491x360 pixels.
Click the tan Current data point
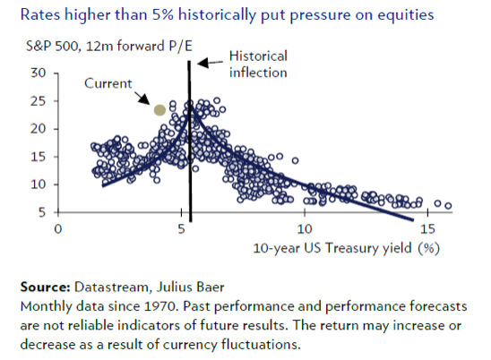click(x=159, y=110)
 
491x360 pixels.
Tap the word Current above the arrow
click(x=108, y=83)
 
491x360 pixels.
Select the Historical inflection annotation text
click(x=258, y=64)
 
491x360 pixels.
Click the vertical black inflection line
click(x=189, y=141)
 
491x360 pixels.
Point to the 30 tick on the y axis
click(x=39, y=73)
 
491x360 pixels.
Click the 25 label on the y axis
click(x=39, y=101)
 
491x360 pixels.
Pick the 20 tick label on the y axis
click(x=39, y=129)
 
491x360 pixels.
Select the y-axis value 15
click(x=39, y=157)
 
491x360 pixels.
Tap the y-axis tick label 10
click(x=39, y=184)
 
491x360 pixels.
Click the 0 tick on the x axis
click(x=58, y=229)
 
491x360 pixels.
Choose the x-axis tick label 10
click(x=305, y=229)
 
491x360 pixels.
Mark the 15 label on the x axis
click(x=427, y=229)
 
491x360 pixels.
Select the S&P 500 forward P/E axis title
click(x=109, y=46)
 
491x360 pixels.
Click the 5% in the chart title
click(x=163, y=14)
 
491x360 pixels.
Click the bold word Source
click(x=45, y=287)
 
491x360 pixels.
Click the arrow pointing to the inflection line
click(x=211, y=63)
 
